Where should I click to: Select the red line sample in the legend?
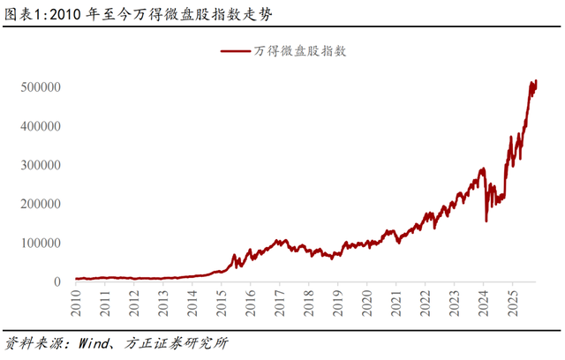coord(236,51)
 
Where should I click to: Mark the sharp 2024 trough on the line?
coord(486,221)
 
